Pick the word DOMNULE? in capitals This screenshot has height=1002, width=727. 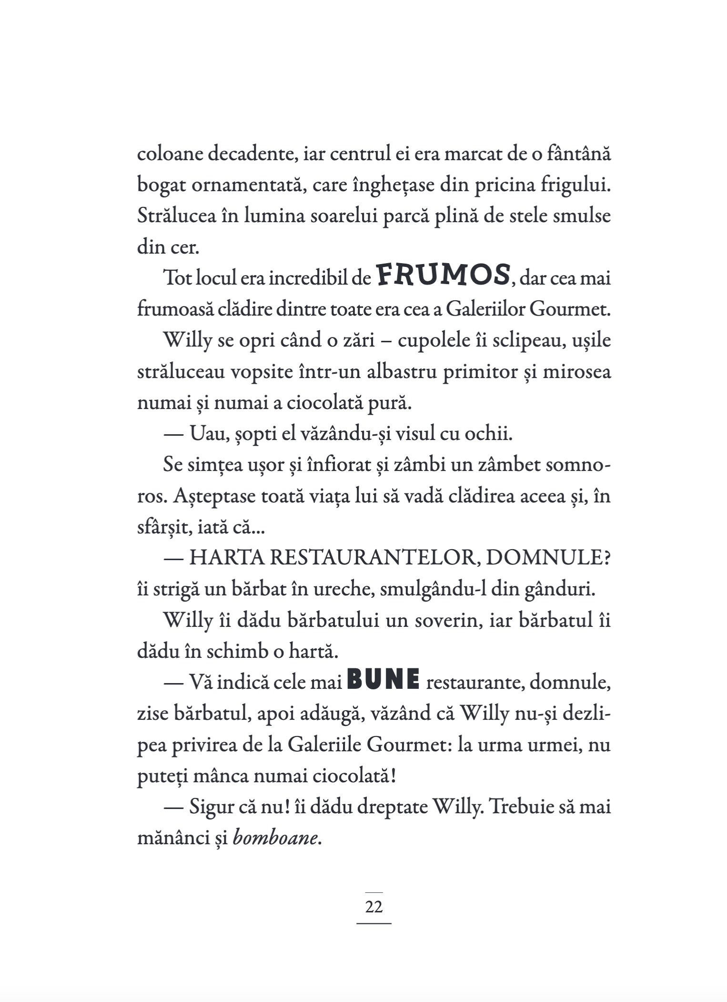[548, 558]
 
